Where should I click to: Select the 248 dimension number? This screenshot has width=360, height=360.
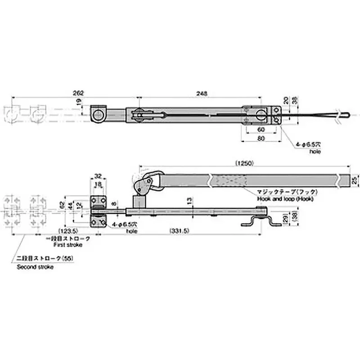click(201, 93)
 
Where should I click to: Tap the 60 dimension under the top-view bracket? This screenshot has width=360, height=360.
click(261, 129)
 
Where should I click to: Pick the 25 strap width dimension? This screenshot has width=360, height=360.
click(355, 180)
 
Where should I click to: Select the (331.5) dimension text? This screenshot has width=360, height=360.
click(178, 231)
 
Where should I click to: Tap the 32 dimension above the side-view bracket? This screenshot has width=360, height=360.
click(99, 176)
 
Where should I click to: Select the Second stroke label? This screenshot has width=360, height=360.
click(35, 267)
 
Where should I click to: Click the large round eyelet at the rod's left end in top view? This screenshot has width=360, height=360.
click(98, 116)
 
